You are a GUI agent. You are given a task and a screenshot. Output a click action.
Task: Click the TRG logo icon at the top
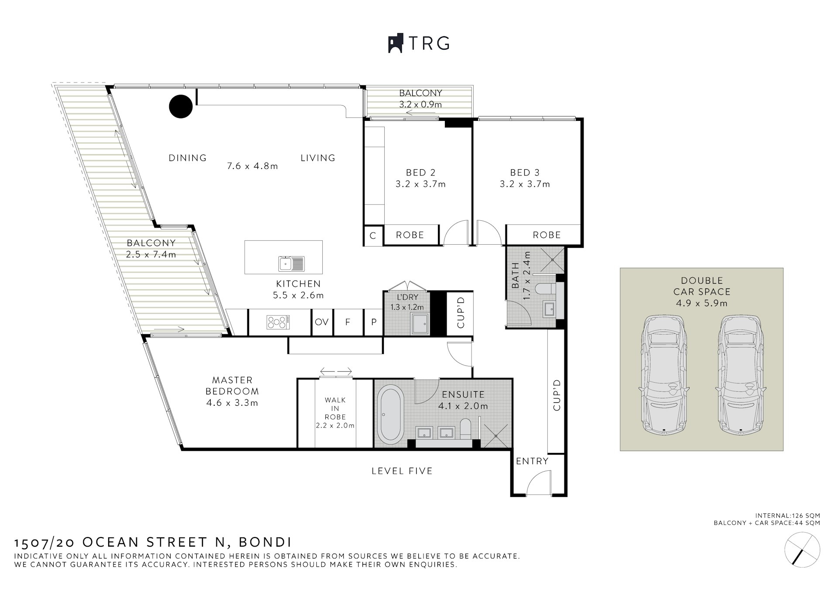point(395,44)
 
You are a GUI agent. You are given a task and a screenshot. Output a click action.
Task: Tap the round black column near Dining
point(181,106)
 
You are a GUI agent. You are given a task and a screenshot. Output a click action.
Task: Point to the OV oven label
point(321,322)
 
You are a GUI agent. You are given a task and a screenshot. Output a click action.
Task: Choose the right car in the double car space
point(740,375)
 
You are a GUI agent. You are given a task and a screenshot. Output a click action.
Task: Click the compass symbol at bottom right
point(802,551)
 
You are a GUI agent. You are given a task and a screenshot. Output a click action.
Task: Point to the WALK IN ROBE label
point(335,412)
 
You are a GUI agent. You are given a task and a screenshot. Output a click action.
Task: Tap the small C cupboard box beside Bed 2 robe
point(373,236)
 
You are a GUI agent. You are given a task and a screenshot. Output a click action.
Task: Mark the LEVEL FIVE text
point(402,471)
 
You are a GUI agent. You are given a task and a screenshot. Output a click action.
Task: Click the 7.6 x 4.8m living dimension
point(253,166)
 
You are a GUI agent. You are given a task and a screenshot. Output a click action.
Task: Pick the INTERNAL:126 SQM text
point(788,516)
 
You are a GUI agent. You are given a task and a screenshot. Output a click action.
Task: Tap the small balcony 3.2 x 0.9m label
point(420,105)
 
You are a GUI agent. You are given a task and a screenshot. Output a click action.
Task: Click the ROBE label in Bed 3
point(547,235)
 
